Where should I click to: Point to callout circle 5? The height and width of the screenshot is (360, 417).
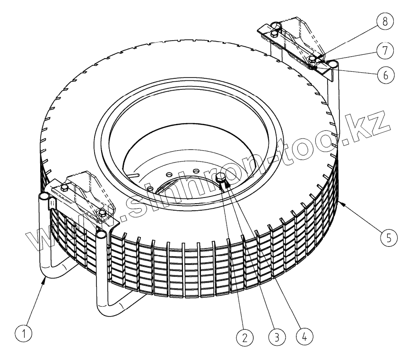coord(388,237)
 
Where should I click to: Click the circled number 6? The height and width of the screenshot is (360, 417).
coord(386,75)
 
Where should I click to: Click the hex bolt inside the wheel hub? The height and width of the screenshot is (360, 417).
coord(222,179)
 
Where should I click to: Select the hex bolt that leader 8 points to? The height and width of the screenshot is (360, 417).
coord(313,59)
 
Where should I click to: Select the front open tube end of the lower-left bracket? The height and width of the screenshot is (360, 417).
coord(101,233)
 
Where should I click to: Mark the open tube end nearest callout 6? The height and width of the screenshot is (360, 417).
coord(332,63)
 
